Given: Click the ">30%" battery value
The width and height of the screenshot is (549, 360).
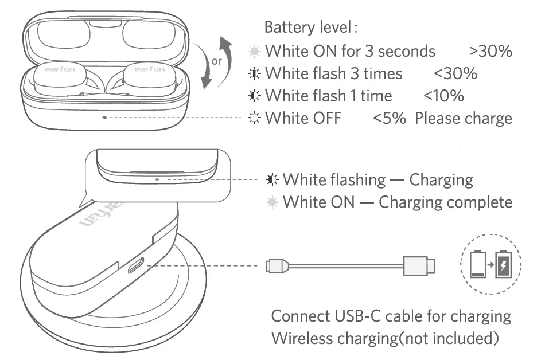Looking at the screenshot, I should point(490,51).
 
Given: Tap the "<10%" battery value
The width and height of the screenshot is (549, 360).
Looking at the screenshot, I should point(443,96).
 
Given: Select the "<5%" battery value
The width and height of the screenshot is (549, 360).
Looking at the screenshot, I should point(390,119).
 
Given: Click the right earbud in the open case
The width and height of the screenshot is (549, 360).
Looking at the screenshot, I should point(149,78).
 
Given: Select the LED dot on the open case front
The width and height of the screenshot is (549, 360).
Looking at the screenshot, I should point(104,117).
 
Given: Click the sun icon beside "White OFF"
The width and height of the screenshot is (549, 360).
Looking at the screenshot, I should point(254,119).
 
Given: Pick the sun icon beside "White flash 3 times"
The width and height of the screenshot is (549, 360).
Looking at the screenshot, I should point(254,74).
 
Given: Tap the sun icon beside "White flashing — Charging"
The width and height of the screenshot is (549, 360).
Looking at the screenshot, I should point(271,180).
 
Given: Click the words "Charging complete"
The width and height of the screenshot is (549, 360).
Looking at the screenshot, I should point(445,202).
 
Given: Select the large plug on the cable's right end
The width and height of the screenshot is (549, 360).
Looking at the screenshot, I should point(419,265).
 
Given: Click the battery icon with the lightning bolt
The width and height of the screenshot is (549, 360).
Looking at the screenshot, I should point(504,264).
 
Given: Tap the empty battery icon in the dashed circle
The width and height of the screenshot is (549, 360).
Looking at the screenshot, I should point(477,264).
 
